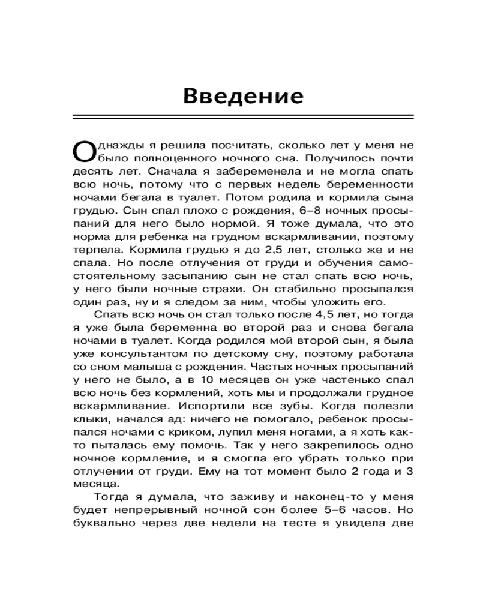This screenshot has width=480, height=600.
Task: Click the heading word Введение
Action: [x=243, y=96]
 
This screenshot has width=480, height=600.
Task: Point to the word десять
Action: [x=91, y=172]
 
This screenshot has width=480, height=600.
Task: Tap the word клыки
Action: [x=90, y=419]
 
